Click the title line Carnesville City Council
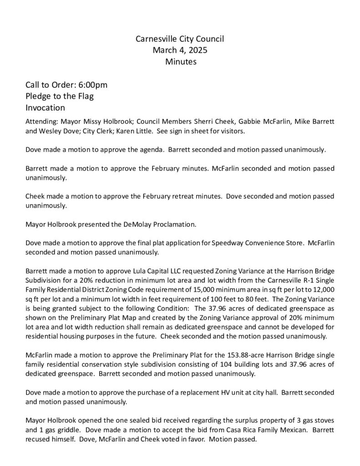[180, 39]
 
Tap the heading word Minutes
[180, 61]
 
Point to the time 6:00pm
[93, 85]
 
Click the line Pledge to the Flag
[59, 96]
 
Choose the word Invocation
[46, 108]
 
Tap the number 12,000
[324, 289]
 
